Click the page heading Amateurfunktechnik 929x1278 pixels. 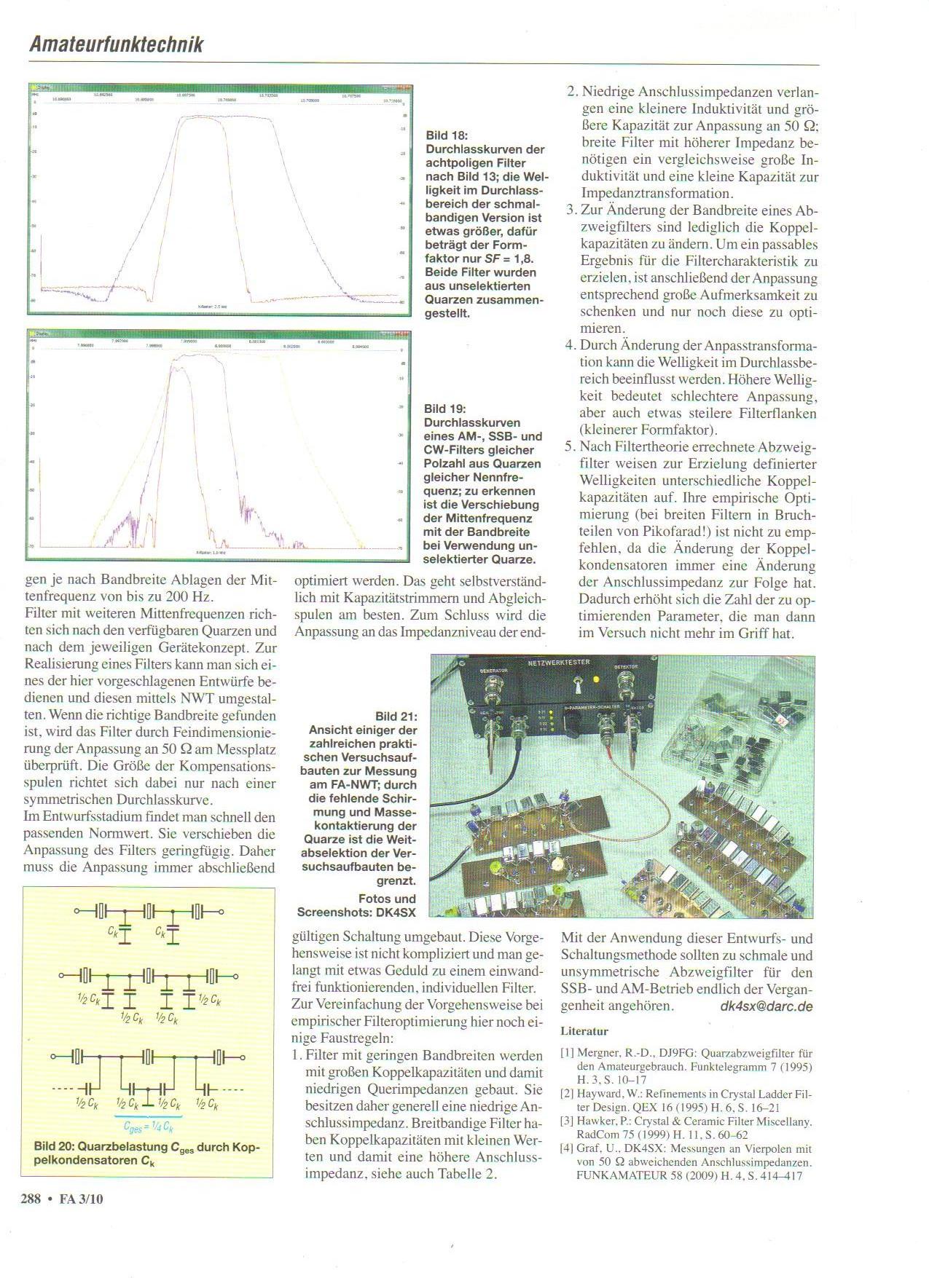click(x=116, y=44)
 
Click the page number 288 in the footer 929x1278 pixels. click(x=31, y=1198)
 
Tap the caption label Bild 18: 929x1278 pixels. click(x=447, y=135)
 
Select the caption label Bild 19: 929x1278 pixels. click(x=444, y=409)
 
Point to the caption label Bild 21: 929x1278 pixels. click(x=396, y=717)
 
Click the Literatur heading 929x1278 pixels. click(x=584, y=1031)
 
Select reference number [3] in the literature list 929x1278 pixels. click(x=567, y=1121)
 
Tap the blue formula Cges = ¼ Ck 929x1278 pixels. click(x=149, y=1127)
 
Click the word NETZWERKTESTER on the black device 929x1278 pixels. click(x=559, y=663)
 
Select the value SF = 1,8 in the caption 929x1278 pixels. click(x=510, y=259)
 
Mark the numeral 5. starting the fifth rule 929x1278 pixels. click(x=570, y=446)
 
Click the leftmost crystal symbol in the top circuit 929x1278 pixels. click(x=101, y=910)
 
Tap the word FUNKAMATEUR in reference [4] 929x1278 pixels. click(x=613, y=1175)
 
